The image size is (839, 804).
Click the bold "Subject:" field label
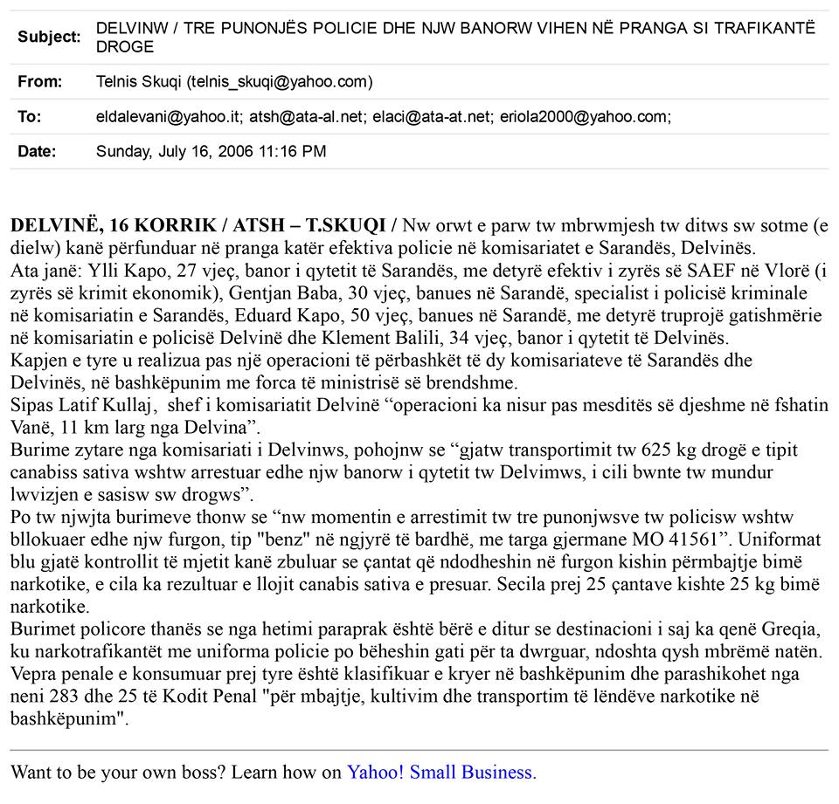pos(49,37)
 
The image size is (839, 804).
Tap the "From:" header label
pos(39,82)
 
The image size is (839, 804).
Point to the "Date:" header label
pos(37,151)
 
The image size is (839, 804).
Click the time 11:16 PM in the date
pos(293,151)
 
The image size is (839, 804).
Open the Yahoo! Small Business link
pos(441,772)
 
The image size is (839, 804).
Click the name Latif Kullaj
pos(95,406)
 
